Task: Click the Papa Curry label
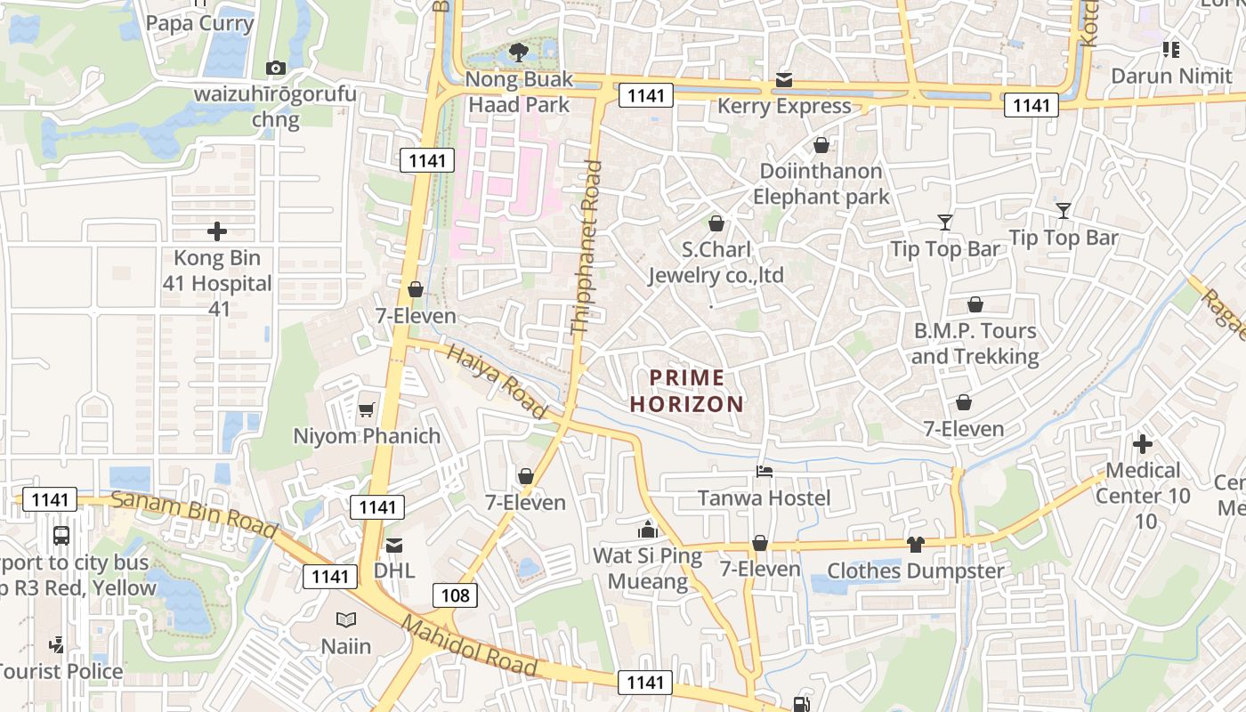pos(199,23)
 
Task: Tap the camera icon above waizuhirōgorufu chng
pos(275,69)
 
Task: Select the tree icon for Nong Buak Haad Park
pos(518,53)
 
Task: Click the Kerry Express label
pos(784,106)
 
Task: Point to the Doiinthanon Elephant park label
pos(821,183)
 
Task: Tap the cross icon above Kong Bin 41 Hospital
pos(217,232)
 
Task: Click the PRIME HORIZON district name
pos(686,390)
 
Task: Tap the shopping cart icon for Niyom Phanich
pos(366,410)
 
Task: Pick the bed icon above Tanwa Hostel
pos(764,472)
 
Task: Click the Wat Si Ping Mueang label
pos(647,569)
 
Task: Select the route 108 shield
pos(455,595)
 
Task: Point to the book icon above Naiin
pos(345,619)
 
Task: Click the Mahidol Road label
pos(469,645)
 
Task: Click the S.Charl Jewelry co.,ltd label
pos(716,262)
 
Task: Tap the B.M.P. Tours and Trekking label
pos(975,344)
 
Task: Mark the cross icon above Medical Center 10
pos(1143,443)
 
